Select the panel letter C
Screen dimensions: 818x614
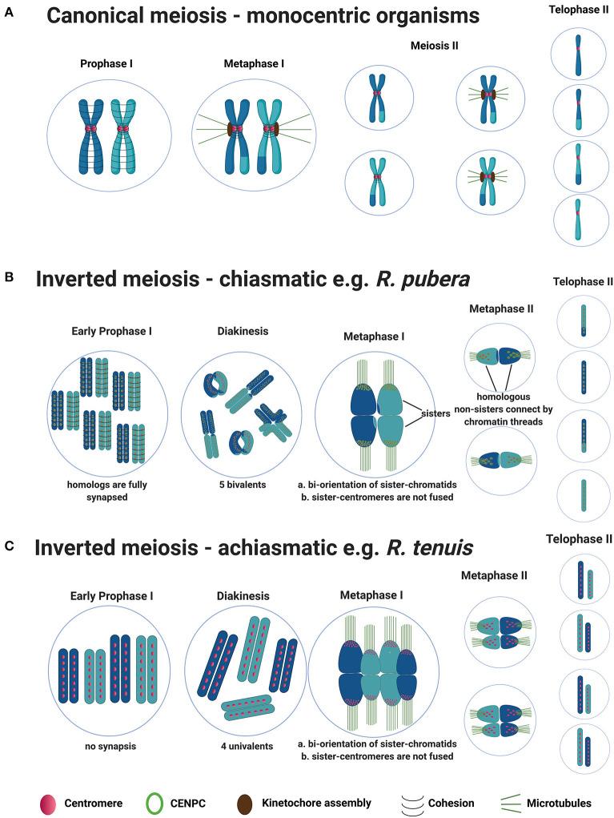(x=9, y=546)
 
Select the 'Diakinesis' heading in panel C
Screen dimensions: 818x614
(x=243, y=595)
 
